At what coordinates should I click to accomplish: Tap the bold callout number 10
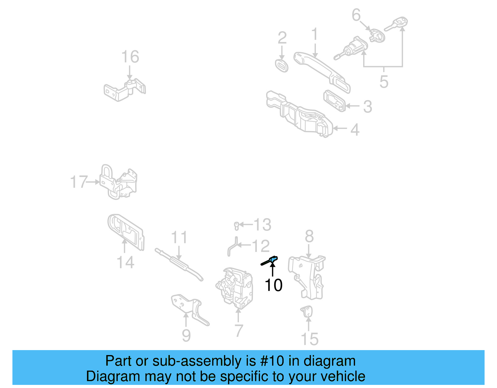pos(273,285)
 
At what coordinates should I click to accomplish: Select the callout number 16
pos(130,57)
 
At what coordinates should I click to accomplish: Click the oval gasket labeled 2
pos(282,65)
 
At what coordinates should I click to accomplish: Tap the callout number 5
pos(384,82)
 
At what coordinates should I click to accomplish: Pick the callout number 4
pos(355,130)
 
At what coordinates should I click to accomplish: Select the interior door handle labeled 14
pos(126,231)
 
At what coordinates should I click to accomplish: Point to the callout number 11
pos(179,237)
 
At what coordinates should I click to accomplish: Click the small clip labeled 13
pos(236,226)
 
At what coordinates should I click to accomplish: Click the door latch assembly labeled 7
pos(235,286)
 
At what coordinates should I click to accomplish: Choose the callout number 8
pos(309,236)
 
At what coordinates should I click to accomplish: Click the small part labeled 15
pos(307,311)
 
